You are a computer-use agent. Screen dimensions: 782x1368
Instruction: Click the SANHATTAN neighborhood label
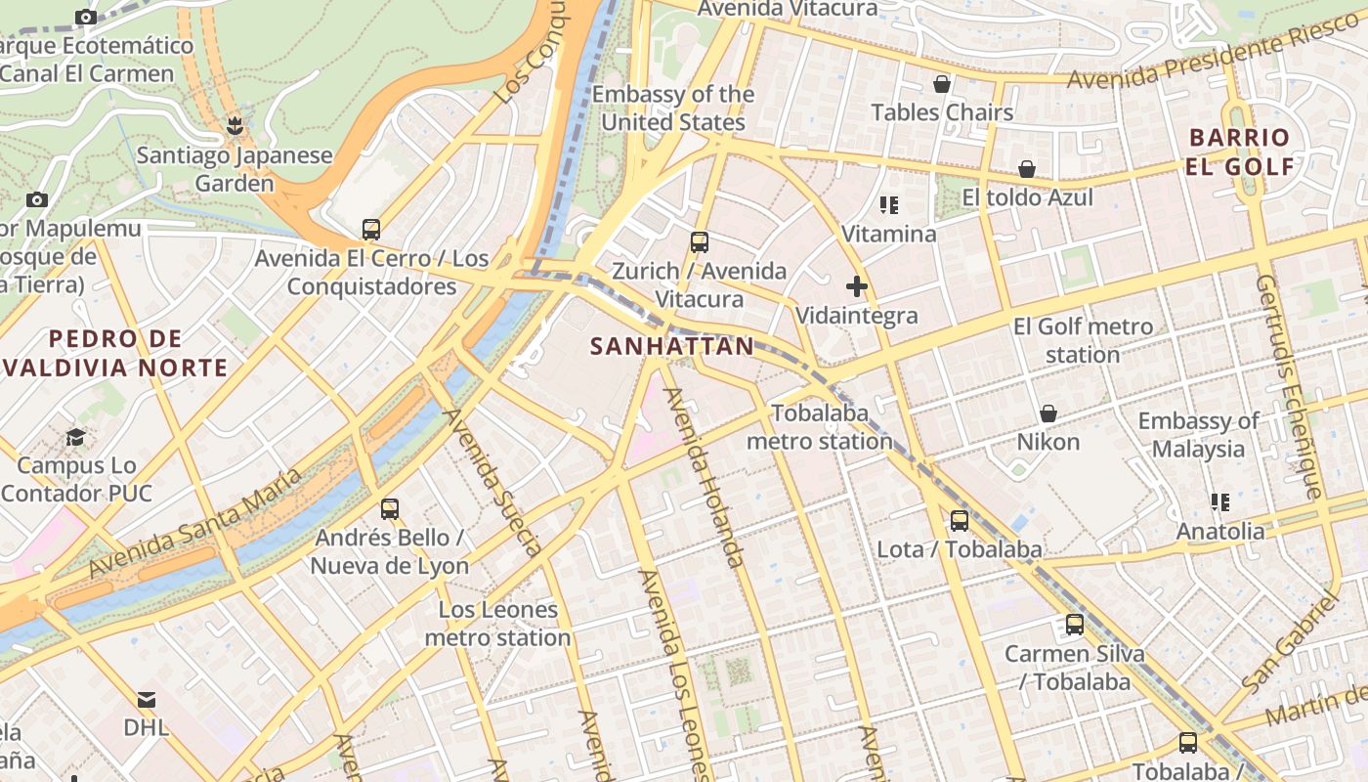tap(672, 346)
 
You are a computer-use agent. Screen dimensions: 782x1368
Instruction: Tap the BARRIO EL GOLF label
tap(1239, 152)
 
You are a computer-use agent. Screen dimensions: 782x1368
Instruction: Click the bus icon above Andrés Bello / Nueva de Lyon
tap(390, 509)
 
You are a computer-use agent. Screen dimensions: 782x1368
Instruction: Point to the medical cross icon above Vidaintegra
tap(857, 286)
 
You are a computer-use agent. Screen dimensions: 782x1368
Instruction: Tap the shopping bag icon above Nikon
tap(1048, 413)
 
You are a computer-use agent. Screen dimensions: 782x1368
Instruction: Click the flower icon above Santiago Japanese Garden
tap(235, 126)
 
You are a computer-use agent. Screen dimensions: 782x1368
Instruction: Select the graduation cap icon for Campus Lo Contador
tap(76, 437)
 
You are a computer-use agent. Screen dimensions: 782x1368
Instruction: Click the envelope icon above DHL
tap(147, 700)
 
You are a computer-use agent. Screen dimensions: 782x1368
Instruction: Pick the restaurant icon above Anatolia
tap(1219, 502)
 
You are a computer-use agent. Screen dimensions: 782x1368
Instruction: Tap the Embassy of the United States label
tap(673, 109)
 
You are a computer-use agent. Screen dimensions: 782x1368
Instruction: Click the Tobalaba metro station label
tap(820, 427)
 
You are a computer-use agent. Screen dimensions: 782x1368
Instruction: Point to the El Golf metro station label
tap(1083, 340)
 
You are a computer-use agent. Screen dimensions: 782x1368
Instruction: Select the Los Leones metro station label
tap(498, 624)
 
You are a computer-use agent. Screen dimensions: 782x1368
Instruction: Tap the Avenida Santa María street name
tap(195, 524)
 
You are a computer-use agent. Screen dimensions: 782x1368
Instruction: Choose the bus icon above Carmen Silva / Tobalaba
tap(1075, 625)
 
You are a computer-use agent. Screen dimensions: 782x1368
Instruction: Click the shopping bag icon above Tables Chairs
tap(942, 85)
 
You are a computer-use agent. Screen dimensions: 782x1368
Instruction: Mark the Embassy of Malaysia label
tap(1198, 435)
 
